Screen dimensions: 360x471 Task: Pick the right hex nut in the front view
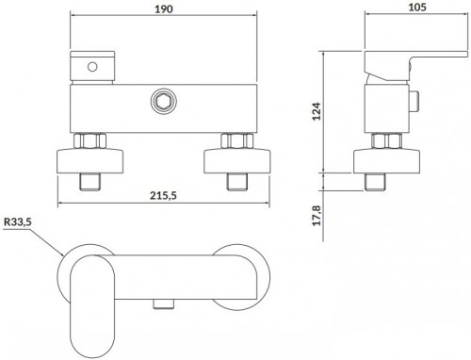[233, 142]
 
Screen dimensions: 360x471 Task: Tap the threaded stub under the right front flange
[233, 179]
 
